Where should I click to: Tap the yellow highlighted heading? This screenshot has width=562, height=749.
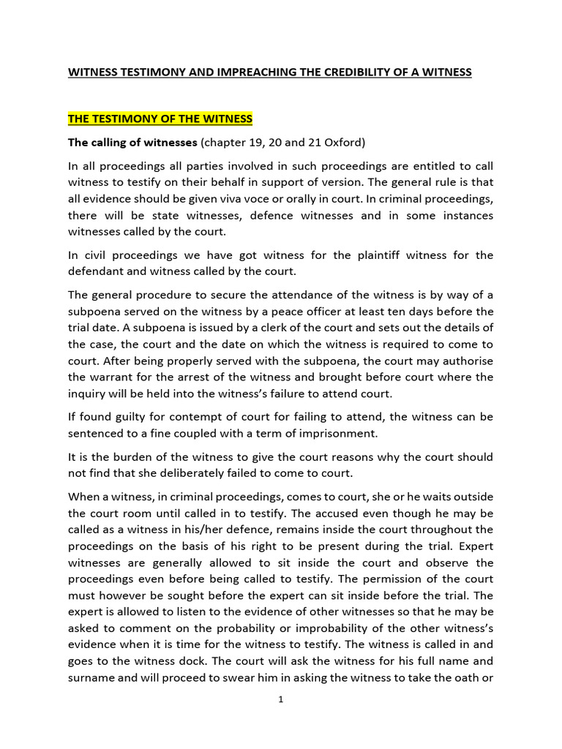pos(160,118)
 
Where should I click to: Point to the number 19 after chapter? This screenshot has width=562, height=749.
pos(249,142)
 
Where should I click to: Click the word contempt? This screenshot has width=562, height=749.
pos(184,417)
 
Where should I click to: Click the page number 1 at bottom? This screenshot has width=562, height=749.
pos(281,700)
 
